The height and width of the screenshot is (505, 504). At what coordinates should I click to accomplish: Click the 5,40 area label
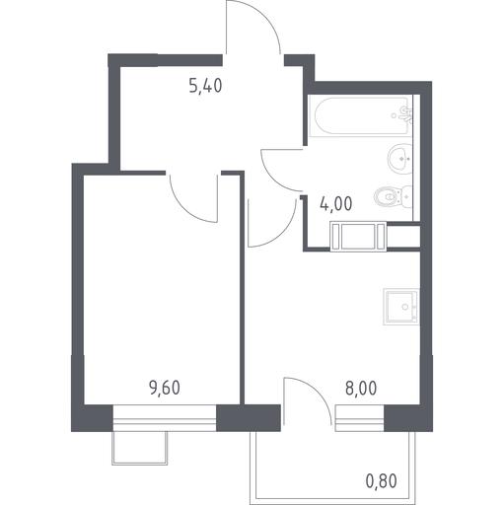pos(206,86)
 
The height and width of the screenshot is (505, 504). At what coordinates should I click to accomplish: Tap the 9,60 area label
pos(165,388)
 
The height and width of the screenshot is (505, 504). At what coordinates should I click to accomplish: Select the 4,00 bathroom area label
pos(336,204)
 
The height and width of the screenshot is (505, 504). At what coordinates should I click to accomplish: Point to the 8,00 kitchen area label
pos(361,389)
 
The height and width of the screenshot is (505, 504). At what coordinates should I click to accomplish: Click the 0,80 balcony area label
pos(382,481)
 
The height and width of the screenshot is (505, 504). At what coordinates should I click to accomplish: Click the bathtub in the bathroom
pos(361,115)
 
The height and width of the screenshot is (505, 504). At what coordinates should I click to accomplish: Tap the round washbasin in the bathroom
pos(399,159)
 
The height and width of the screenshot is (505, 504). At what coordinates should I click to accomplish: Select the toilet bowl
pos(388,197)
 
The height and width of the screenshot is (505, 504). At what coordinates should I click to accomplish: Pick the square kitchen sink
pos(401,307)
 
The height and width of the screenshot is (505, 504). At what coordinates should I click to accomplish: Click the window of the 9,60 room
pos(165,418)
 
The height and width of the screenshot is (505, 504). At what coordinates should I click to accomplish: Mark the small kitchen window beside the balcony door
pos(359,418)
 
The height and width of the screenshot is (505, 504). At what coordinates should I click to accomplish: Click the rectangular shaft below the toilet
pos(358,237)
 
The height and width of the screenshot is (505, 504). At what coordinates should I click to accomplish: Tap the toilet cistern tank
pos(407,197)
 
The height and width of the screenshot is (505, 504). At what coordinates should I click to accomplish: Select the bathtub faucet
pos(407,114)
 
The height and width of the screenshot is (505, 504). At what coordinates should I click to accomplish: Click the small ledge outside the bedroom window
pos(140,448)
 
